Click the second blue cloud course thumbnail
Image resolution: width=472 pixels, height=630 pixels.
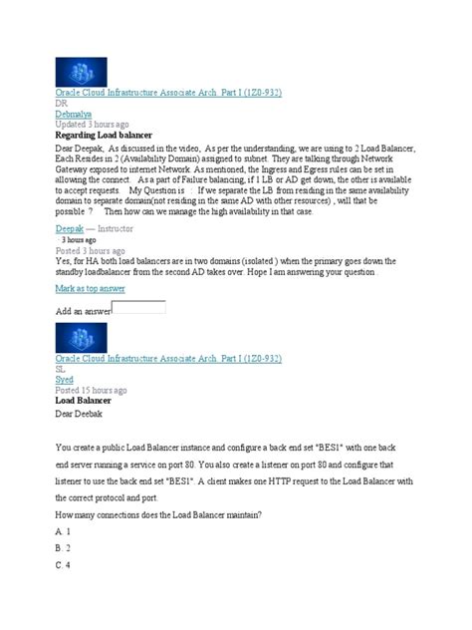[x=80, y=341]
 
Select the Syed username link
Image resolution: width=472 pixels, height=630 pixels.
[x=65, y=379]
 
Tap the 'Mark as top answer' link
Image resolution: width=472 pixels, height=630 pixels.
[x=90, y=288]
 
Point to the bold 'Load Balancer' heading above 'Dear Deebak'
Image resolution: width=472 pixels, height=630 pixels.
[x=90, y=401]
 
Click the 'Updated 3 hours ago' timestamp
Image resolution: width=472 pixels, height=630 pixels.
[x=96, y=125]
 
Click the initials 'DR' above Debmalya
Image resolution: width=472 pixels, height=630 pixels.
[x=62, y=103]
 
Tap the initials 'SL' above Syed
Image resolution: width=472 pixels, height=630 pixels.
[x=61, y=368]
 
